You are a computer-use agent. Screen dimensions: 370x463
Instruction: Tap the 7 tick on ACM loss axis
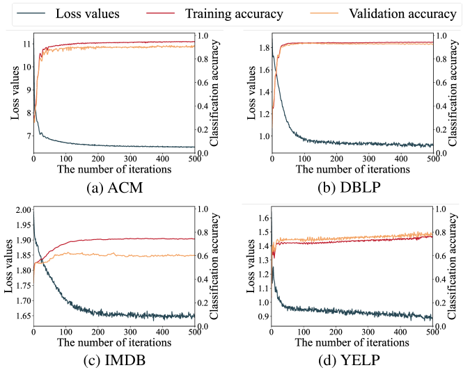pos(26,136)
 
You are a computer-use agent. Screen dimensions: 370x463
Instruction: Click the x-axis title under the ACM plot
pos(111,169)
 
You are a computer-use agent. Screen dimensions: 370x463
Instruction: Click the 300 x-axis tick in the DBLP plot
pos(368,159)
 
